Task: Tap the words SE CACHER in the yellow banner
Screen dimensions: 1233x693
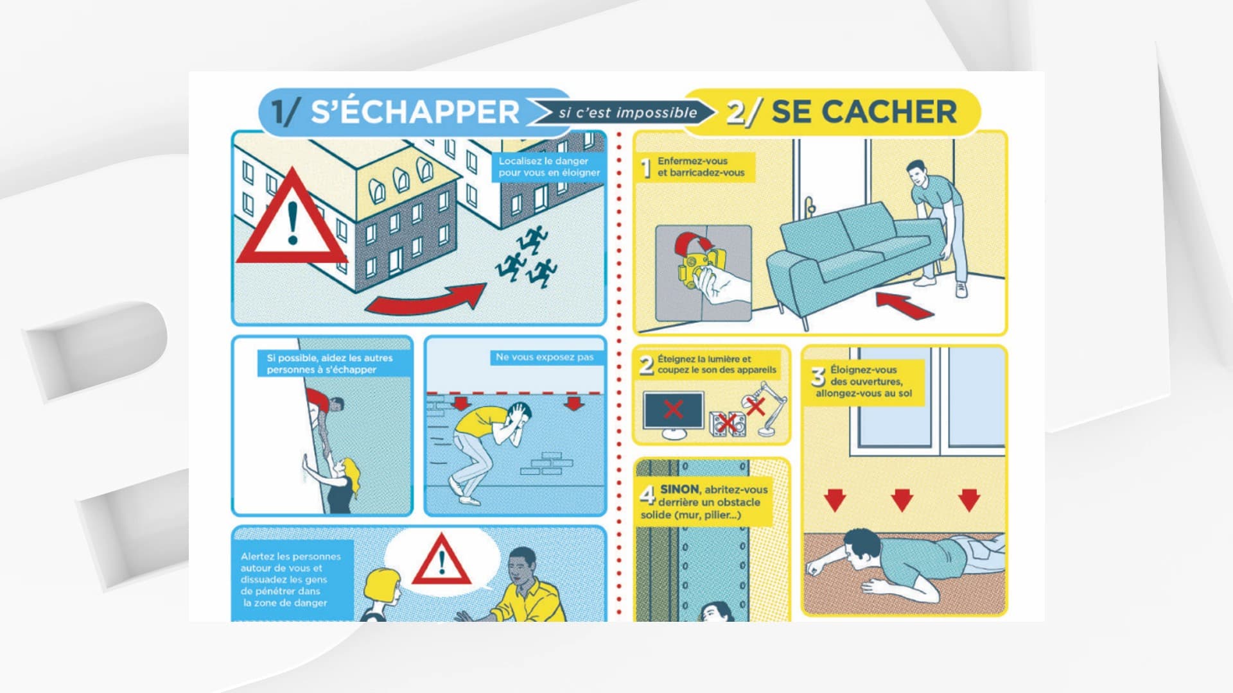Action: tap(864, 112)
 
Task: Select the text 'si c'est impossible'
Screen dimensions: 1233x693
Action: tap(627, 113)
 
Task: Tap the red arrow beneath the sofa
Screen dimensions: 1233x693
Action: tap(904, 304)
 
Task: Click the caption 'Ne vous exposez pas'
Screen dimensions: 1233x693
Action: tap(545, 357)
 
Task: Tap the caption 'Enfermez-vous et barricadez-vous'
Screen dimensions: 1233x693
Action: tap(701, 167)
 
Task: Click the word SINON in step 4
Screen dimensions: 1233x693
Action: tap(679, 489)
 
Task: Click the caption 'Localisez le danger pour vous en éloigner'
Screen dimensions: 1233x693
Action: tap(549, 167)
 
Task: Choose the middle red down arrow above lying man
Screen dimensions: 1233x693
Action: tap(902, 499)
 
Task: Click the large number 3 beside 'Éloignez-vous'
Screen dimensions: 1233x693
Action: tap(818, 377)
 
